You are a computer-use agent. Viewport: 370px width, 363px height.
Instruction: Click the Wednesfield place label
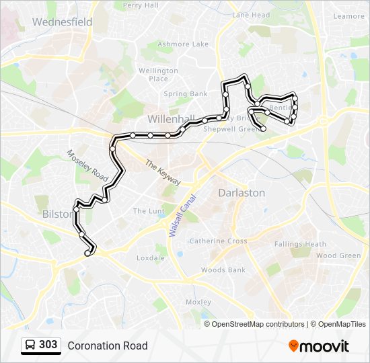click(62, 22)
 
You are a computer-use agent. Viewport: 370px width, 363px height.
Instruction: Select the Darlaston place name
click(242, 193)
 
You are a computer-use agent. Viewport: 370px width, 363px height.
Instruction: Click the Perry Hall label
click(141, 5)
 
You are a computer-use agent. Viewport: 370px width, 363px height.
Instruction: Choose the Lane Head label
click(251, 15)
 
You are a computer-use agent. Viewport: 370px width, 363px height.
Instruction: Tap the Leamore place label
click(348, 15)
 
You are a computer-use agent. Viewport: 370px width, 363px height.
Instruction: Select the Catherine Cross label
click(218, 241)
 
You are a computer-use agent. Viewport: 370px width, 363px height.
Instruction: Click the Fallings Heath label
click(300, 244)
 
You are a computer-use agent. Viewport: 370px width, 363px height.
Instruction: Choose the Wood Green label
click(338, 255)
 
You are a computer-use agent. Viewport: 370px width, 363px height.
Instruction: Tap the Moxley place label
click(198, 302)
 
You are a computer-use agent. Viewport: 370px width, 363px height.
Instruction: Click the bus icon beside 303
click(31, 345)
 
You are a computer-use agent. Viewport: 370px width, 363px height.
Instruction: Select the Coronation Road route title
click(107, 346)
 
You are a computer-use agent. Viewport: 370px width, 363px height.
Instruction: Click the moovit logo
click(319, 346)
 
